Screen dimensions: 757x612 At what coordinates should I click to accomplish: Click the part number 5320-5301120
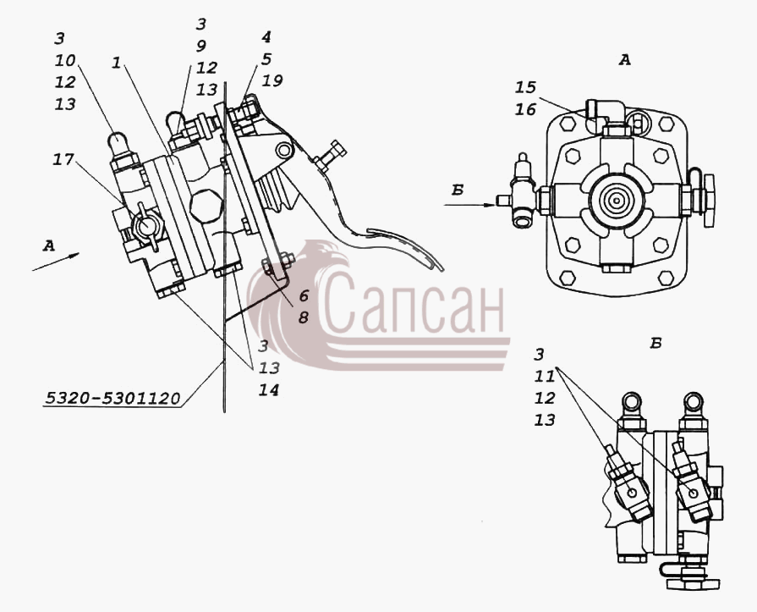tap(113, 398)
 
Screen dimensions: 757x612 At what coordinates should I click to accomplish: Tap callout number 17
tap(63, 159)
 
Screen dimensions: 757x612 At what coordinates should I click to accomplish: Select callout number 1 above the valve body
tap(116, 63)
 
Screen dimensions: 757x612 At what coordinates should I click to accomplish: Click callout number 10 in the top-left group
tap(65, 60)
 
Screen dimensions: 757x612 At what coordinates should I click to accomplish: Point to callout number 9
tap(200, 46)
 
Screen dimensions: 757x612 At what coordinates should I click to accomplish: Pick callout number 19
tap(272, 80)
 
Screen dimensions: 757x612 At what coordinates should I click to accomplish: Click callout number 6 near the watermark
tap(303, 295)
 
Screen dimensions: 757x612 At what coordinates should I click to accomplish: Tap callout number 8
tap(303, 317)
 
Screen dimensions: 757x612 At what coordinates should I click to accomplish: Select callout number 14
tap(268, 390)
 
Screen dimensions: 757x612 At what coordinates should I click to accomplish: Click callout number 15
tap(525, 87)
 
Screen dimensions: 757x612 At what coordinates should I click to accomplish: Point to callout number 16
tap(525, 110)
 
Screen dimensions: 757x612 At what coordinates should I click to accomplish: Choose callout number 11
tap(544, 377)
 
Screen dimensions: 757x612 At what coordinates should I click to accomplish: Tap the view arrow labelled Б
tap(469, 205)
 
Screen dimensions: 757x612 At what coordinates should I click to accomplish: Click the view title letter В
tap(656, 344)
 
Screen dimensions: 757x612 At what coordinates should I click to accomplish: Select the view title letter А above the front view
tap(625, 60)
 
